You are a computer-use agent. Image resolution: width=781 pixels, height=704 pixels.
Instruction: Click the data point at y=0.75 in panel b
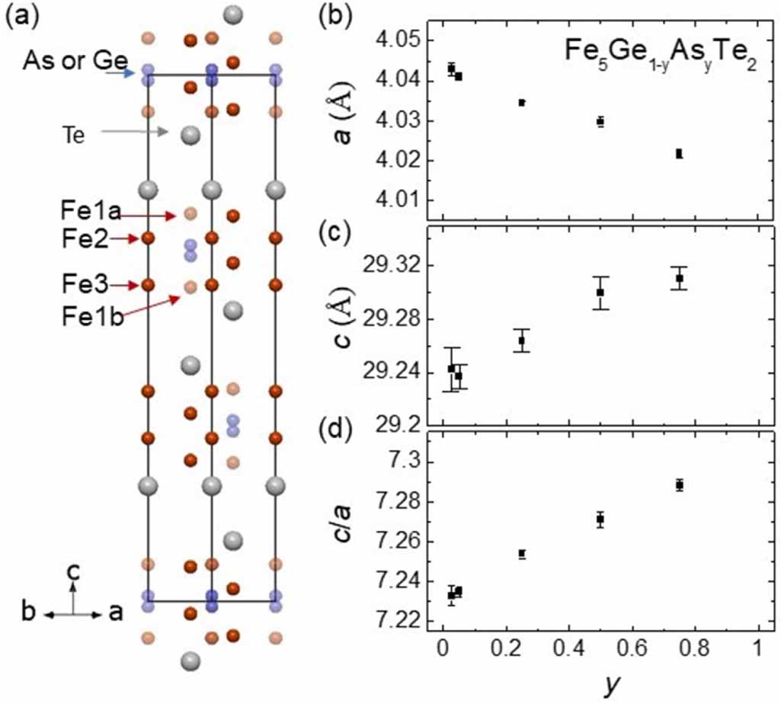[x=679, y=154]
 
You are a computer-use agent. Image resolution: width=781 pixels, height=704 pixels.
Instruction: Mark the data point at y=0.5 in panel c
[x=600, y=293]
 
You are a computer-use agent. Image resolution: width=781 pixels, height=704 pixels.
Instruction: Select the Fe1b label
[x=91, y=317]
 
